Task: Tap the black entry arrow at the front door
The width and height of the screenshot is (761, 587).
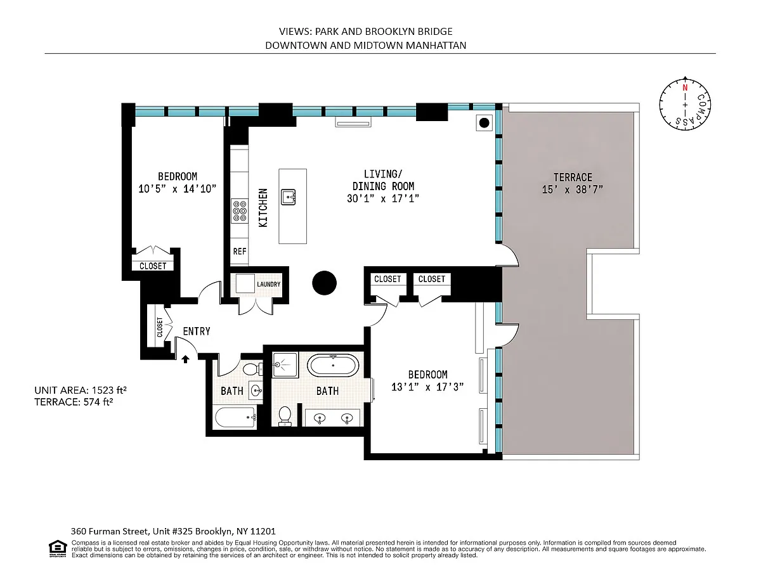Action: [185, 359]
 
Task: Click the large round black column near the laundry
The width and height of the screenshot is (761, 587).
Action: [324, 283]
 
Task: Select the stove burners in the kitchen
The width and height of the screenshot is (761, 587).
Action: [240, 211]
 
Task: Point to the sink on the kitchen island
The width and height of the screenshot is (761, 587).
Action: [289, 197]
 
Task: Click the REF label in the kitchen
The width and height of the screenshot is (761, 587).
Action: [240, 251]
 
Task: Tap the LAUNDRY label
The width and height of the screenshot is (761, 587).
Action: [269, 284]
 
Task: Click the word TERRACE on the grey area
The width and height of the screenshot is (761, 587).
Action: [573, 177]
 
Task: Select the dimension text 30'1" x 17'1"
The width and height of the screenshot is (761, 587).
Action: [383, 198]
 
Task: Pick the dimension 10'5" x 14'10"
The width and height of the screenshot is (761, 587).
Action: [177, 189]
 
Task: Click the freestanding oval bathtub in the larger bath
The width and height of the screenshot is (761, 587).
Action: [333, 366]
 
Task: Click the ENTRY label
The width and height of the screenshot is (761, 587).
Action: [197, 331]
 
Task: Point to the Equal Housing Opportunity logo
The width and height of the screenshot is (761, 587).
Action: [58, 548]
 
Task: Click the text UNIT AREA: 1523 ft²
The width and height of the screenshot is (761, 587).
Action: [80, 390]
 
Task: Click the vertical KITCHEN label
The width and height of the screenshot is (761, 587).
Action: [263, 207]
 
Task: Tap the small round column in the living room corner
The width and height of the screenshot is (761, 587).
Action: [484, 123]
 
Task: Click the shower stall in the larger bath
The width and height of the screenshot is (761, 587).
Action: [285, 364]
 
